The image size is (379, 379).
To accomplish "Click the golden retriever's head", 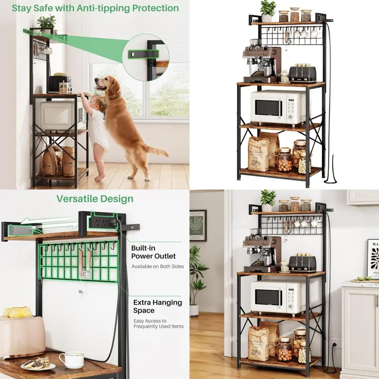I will [103, 84].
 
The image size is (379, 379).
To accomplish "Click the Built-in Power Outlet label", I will [153, 252].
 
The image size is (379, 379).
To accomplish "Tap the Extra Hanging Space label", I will [158, 306].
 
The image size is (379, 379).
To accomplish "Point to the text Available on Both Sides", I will [157, 266].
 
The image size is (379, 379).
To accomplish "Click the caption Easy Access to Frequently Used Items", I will [158, 324].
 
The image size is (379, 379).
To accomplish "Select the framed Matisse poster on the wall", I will [198, 226].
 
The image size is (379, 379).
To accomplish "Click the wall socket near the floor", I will [335, 343].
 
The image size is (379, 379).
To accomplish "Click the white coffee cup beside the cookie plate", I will [71, 360].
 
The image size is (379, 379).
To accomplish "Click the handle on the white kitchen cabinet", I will [377, 301].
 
